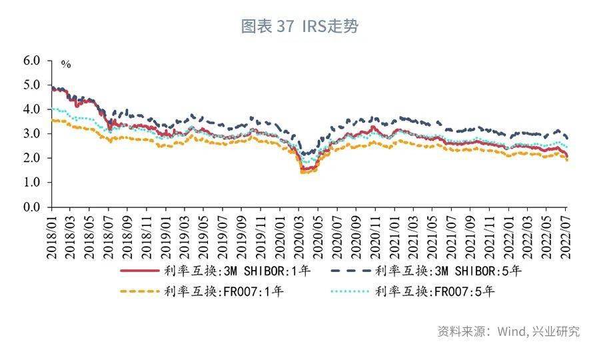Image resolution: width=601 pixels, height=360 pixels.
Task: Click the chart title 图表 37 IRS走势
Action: [300, 27]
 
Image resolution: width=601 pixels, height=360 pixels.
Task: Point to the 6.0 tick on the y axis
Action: [32, 61]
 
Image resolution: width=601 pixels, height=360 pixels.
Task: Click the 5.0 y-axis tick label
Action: [32, 85]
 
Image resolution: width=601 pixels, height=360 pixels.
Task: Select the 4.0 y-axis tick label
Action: [32, 109]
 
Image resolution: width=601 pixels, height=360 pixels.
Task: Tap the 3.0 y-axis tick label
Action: [32, 134]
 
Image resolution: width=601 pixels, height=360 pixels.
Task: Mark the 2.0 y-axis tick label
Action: [32, 159]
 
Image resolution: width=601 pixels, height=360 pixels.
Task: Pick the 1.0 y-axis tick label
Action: [32, 183]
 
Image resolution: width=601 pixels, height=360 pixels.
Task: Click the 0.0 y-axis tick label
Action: [32, 207]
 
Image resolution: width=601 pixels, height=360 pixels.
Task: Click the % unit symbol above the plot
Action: [65, 65]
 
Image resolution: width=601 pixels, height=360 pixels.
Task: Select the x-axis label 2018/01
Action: [52, 235]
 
